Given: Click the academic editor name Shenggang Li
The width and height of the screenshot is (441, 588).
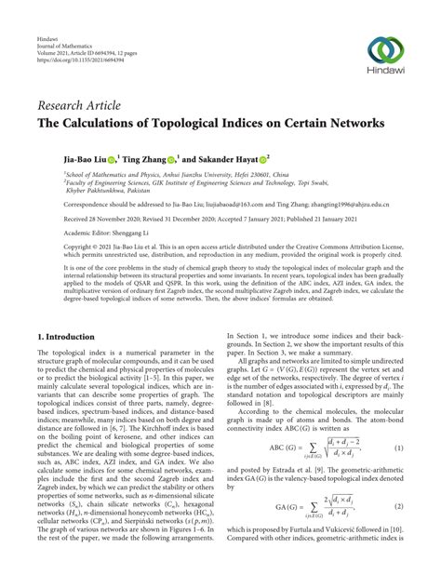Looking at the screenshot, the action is (x=130, y=234).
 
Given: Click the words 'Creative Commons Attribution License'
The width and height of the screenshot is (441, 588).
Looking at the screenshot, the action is (x=345, y=249).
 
